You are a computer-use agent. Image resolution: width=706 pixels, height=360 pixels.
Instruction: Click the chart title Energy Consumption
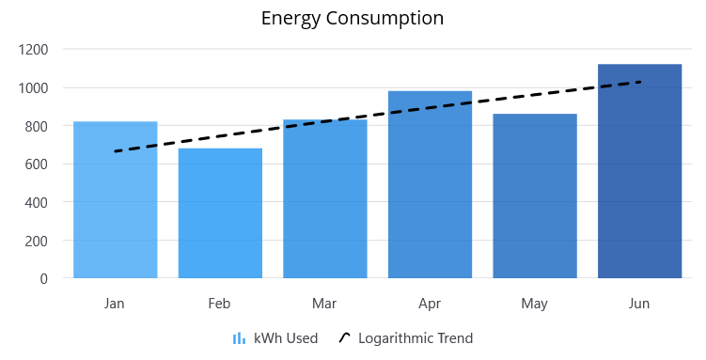[353, 18]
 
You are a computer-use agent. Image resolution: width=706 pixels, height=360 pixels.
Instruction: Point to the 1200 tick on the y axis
[36, 49]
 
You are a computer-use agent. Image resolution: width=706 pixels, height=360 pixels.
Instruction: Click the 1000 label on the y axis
[36, 87]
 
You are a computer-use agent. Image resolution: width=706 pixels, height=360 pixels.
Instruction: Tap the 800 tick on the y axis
[39, 126]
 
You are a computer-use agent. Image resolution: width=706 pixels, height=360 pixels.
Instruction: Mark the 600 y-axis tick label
[39, 164]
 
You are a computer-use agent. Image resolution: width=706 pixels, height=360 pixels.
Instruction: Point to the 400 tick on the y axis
[39, 202]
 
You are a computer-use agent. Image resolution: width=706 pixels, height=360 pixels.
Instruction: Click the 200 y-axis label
[39, 241]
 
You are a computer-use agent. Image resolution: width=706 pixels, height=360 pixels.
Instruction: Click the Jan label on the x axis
[115, 304]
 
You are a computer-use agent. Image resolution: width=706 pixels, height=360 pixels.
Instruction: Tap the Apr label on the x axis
[430, 304]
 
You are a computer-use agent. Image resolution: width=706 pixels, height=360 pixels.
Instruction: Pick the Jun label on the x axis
[639, 304]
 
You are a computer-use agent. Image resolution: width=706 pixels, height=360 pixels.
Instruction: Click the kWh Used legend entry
[286, 338]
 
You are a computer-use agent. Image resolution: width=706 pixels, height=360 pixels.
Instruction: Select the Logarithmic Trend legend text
[416, 338]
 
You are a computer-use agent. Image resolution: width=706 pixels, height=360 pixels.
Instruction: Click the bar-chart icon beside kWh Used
[240, 338]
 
